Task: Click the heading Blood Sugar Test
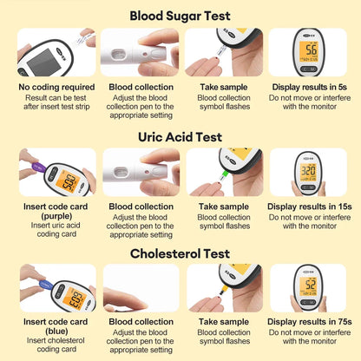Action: [180, 16]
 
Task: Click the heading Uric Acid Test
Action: [180, 137]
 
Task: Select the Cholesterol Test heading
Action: [180, 253]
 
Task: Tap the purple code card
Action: [38, 167]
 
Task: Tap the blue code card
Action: [46, 284]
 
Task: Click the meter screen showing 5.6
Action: [308, 51]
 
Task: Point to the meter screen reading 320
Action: [308, 172]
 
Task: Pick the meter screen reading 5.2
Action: [308, 286]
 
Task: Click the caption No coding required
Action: [56, 87]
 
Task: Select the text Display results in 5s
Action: [310, 87]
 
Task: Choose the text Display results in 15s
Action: [310, 207]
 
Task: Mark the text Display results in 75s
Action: [310, 322]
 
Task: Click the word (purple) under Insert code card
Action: [56, 216]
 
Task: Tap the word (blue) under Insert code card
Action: [56, 331]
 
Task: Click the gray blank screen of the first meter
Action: [44, 62]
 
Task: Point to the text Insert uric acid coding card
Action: [56, 230]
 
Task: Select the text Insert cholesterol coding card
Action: [56, 345]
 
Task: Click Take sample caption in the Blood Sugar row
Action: [224, 87]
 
